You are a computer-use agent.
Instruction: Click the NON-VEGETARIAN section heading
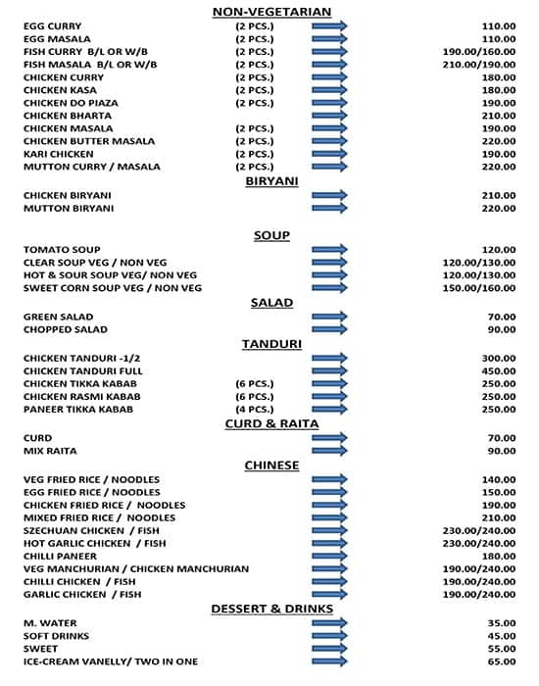point(271,12)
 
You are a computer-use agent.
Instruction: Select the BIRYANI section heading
point(271,181)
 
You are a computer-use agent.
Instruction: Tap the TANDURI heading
point(271,344)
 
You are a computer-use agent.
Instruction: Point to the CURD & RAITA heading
point(271,423)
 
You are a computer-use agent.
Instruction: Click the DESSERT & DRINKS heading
point(271,609)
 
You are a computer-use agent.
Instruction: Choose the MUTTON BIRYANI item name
point(69,209)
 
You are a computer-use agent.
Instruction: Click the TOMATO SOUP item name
point(62,250)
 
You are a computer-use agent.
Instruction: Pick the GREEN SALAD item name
point(58,317)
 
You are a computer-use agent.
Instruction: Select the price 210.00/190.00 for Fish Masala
point(479,65)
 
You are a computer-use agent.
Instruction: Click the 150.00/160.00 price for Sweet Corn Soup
point(479,288)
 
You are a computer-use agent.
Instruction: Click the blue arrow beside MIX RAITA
point(329,451)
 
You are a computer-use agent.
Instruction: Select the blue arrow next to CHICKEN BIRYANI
point(329,196)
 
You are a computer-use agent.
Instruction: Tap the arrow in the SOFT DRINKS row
point(329,636)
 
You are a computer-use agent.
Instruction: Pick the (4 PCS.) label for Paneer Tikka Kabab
point(254,409)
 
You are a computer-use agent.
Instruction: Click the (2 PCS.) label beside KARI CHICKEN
point(254,154)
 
